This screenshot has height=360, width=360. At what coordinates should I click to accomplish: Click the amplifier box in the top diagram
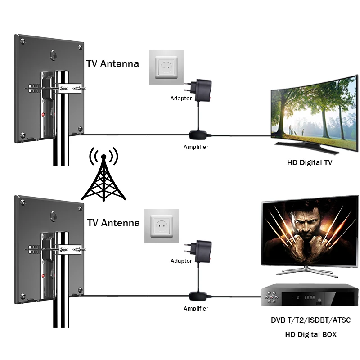(x=198, y=135)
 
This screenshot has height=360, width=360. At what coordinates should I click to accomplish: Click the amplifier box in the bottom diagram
(x=198, y=296)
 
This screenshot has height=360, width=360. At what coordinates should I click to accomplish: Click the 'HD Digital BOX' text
(x=310, y=334)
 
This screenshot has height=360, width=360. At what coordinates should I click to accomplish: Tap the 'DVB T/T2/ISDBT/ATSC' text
(x=310, y=321)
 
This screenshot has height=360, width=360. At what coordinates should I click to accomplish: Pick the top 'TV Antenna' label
(x=112, y=64)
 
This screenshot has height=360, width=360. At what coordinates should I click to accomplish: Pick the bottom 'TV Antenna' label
(x=113, y=223)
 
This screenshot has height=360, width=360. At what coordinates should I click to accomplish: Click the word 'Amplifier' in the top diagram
(x=196, y=147)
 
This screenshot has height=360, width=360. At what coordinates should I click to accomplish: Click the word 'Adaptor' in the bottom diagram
(x=181, y=261)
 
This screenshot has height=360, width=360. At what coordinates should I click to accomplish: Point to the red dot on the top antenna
(x=44, y=115)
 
